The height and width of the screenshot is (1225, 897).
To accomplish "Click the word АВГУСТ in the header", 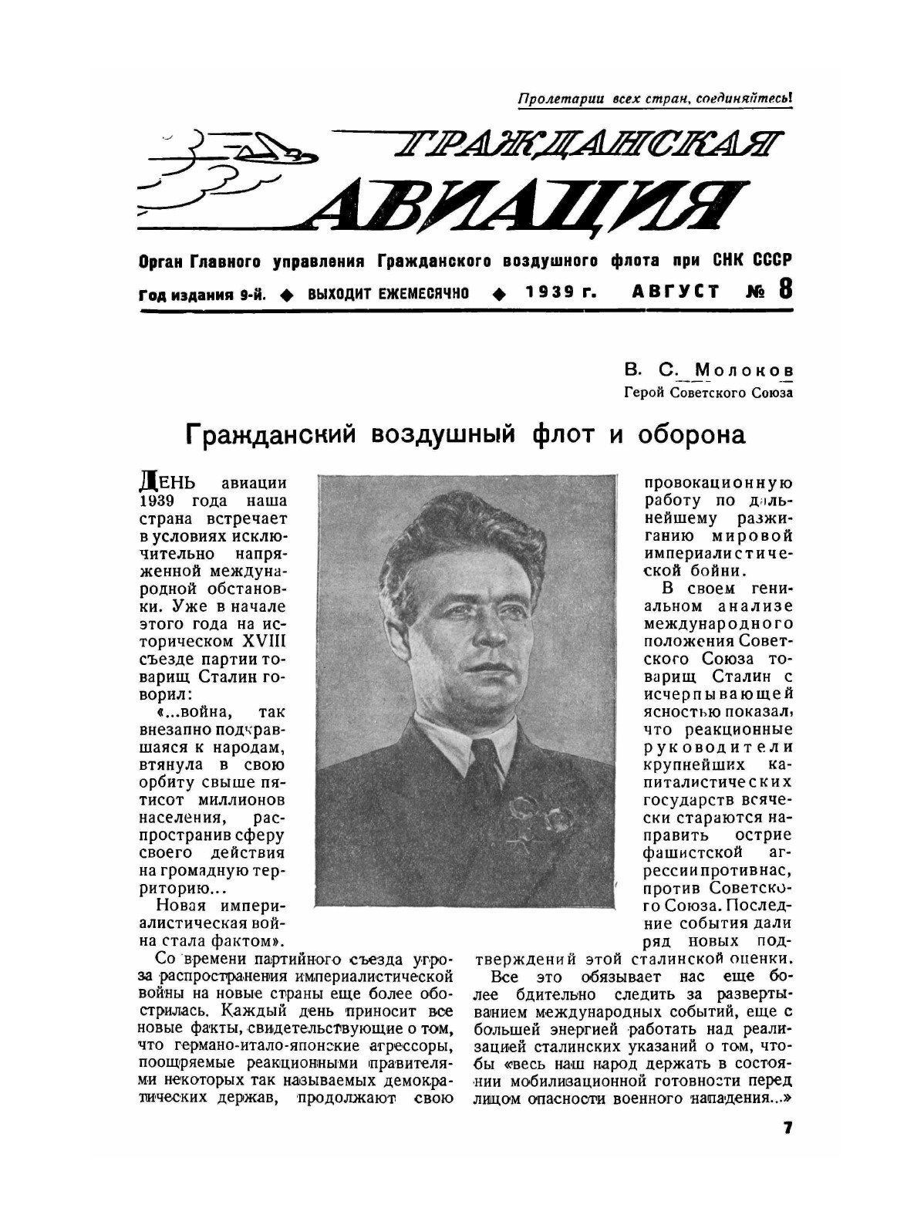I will coord(676,292).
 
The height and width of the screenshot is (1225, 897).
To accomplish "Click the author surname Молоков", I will coord(744,371).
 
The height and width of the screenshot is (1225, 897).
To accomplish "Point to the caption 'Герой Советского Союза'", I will coord(709,392).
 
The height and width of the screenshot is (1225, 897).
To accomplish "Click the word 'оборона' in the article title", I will coord(690,435).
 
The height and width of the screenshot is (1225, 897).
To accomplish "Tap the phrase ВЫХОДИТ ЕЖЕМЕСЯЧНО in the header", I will coord(388,294).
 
